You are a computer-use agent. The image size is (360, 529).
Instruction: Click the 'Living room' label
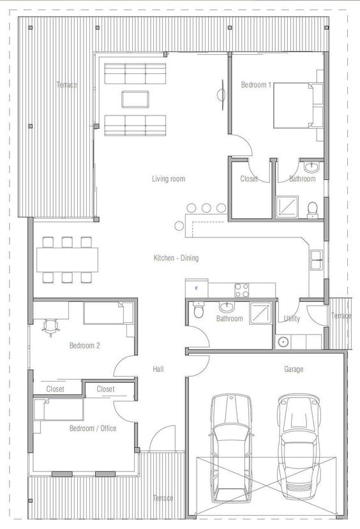[x=169, y=179]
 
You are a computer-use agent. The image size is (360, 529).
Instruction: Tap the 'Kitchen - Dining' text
[x=176, y=258]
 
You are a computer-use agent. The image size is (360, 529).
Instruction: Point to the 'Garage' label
[x=294, y=369]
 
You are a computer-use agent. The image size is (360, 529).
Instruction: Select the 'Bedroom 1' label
[x=256, y=85]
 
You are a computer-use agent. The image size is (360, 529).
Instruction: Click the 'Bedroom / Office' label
[x=93, y=428]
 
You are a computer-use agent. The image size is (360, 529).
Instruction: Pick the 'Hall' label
[x=158, y=369]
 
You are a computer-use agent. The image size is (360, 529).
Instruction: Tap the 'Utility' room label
[x=292, y=319]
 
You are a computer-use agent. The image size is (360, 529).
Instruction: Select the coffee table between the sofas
[x=135, y=99]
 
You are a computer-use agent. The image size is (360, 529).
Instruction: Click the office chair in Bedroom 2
[x=50, y=327]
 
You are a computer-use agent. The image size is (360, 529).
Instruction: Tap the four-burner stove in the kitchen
[x=242, y=290]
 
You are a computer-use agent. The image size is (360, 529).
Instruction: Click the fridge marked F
[x=197, y=288]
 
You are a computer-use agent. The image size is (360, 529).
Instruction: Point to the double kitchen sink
[x=317, y=260]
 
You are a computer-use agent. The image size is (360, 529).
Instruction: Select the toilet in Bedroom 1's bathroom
[x=312, y=210]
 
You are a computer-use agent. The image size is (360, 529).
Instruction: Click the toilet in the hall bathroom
[x=199, y=310]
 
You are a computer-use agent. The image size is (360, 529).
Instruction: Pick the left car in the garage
[x=231, y=448]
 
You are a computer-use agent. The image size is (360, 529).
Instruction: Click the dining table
[x=68, y=260]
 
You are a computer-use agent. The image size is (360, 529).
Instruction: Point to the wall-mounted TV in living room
[x=221, y=94]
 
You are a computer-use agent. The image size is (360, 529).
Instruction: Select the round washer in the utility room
[x=283, y=342]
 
